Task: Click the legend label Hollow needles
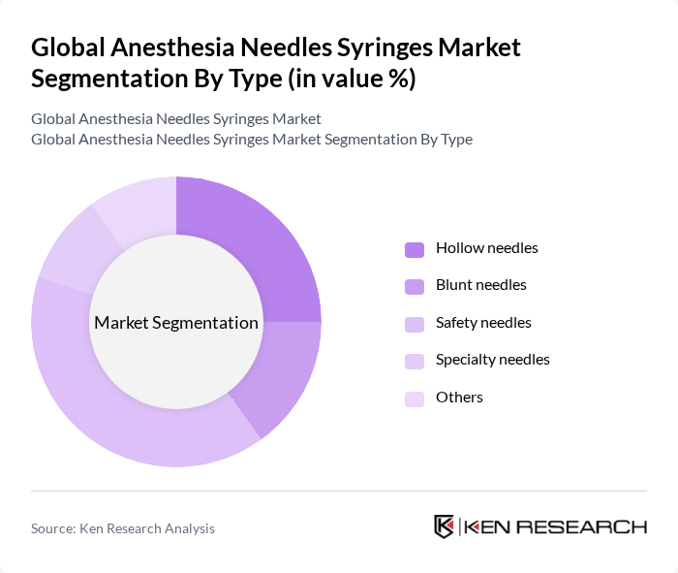(x=486, y=248)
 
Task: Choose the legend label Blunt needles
(x=480, y=285)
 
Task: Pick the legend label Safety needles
(x=483, y=323)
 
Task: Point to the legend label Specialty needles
(x=492, y=360)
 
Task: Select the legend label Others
(x=459, y=398)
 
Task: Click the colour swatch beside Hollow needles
(x=414, y=249)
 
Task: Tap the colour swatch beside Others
(x=414, y=398)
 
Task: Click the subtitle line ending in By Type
(x=251, y=140)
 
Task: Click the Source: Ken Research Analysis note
(x=123, y=528)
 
